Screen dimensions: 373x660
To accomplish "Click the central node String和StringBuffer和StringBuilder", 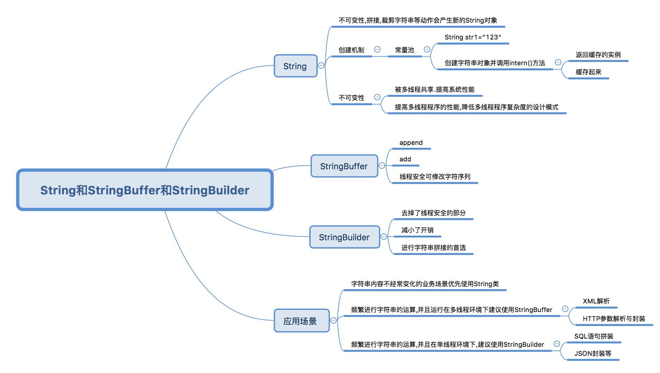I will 145,190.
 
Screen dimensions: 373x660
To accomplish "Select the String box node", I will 295,66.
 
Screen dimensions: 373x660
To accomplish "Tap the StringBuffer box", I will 344,166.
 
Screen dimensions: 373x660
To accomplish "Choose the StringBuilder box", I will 344,237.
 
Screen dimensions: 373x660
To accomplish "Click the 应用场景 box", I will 301,321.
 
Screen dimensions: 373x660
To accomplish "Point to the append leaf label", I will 411,143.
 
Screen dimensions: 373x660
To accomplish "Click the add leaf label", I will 405,159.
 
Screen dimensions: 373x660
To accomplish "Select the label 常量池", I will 405,50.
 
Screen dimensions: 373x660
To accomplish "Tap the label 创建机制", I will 352,50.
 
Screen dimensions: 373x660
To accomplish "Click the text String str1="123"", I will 473,37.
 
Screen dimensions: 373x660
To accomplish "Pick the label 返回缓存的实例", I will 598,55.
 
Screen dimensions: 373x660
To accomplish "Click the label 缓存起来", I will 589,72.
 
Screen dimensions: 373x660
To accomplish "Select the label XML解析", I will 596,301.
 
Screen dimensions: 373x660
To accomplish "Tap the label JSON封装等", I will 593,354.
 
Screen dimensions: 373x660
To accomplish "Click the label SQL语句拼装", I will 594,336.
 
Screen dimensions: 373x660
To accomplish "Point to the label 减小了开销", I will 418,230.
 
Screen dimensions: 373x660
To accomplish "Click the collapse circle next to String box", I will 321,66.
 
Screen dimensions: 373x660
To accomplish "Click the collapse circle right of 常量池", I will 427,49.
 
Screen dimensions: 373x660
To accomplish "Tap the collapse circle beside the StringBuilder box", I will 384,237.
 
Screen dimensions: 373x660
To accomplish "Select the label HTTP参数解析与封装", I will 614,319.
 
